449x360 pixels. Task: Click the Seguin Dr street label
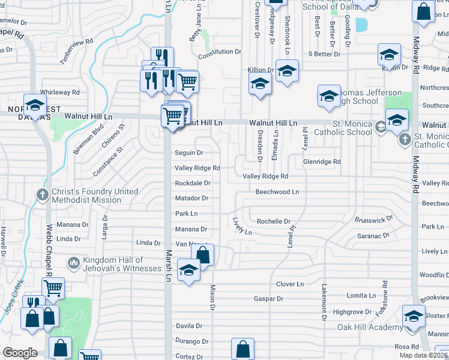(x=188, y=153)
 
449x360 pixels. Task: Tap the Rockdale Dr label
(x=192, y=183)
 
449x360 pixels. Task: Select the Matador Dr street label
(x=191, y=198)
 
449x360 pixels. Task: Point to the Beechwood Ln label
(x=277, y=192)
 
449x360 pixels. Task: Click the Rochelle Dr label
(x=274, y=221)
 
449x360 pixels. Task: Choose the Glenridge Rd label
(x=321, y=162)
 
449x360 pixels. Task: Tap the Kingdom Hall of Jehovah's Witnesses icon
(x=73, y=262)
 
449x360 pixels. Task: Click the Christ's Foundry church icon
(x=42, y=194)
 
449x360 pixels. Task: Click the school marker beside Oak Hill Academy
(x=414, y=317)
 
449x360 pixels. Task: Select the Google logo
(x=20, y=353)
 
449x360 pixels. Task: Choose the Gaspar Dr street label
(x=268, y=298)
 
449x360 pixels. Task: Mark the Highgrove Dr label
(x=352, y=312)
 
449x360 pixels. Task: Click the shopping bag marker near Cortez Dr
(x=243, y=349)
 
